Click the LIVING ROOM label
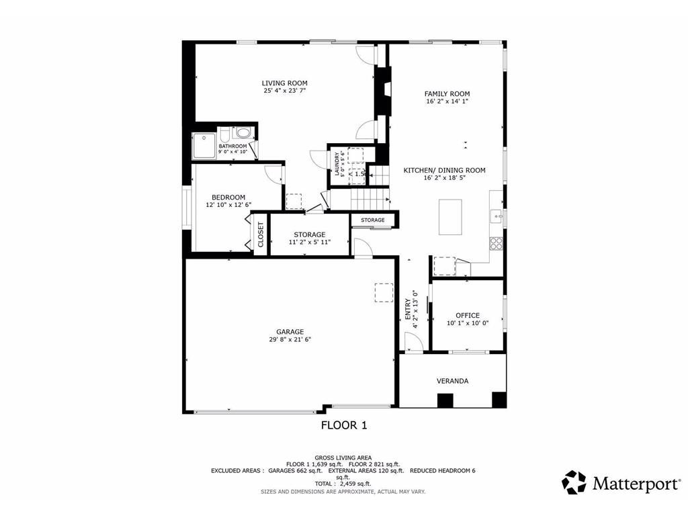(284, 83)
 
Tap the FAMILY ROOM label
(447, 94)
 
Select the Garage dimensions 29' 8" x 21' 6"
(290, 340)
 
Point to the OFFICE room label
(467, 315)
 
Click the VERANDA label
(452, 381)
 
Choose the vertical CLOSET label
(261, 234)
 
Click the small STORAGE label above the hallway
(372, 220)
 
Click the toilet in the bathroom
(243, 133)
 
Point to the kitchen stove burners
(497, 243)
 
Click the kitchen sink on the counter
(495, 216)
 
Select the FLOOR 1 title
(343, 425)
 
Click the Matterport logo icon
(574, 482)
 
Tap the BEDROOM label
(228, 197)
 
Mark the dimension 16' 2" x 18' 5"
(444, 178)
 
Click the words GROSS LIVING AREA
(343, 458)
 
